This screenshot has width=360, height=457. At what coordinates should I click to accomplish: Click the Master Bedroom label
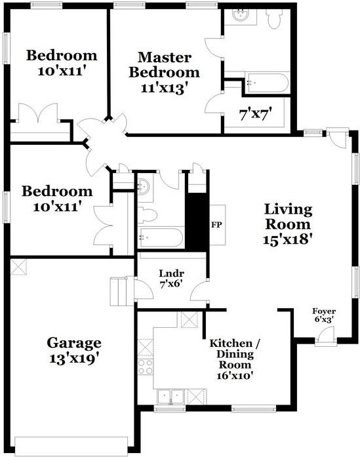pyautogui.click(x=164, y=71)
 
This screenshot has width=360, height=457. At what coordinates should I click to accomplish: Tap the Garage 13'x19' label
pyautogui.click(x=73, y=349)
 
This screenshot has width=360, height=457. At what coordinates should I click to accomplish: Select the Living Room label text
pyautogui.click(x=288, y=224)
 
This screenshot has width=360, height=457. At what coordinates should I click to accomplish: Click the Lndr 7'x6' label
pyautogui.click(x=171, y=278)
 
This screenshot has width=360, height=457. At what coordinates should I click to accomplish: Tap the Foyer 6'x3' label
pyautogui.click(x=322, y=316)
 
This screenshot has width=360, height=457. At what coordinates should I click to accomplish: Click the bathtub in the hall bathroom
pyautogui.click(x=161, y=237)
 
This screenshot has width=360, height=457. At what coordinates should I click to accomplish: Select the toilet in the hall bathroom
pyautogui.click(x=146, y=214)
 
